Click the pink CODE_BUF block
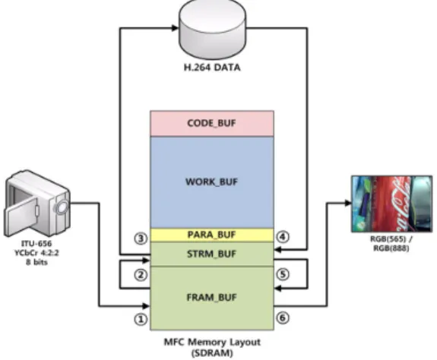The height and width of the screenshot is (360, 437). point(212,123)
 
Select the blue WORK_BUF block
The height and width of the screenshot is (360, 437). point(212,182)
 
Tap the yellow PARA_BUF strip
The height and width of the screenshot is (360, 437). point(212,235)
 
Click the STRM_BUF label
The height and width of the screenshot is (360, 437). point(211,254)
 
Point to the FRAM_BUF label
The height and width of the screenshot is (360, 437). point(211,298)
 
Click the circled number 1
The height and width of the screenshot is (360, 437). point(141,319)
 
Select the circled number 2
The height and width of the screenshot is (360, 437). point(141,275)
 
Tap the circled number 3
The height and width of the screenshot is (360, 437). point(141,238)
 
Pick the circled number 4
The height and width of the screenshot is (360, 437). point(283,237)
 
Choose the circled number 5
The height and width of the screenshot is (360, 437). point(283,274)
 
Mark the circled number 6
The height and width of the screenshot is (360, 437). point(283,317)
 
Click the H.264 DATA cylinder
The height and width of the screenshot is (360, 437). point(212,29)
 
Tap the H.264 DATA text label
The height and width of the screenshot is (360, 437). point(212,68)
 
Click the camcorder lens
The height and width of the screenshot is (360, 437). point(62,207)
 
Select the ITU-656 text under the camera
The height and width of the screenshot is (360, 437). point(36,244)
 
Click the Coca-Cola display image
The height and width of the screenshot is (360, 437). point(392,204)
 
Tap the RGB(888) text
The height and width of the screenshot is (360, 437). point(391,248)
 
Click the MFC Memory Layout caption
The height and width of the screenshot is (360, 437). point(212,343)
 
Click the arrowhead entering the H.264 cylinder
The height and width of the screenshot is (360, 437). point(175,27)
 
